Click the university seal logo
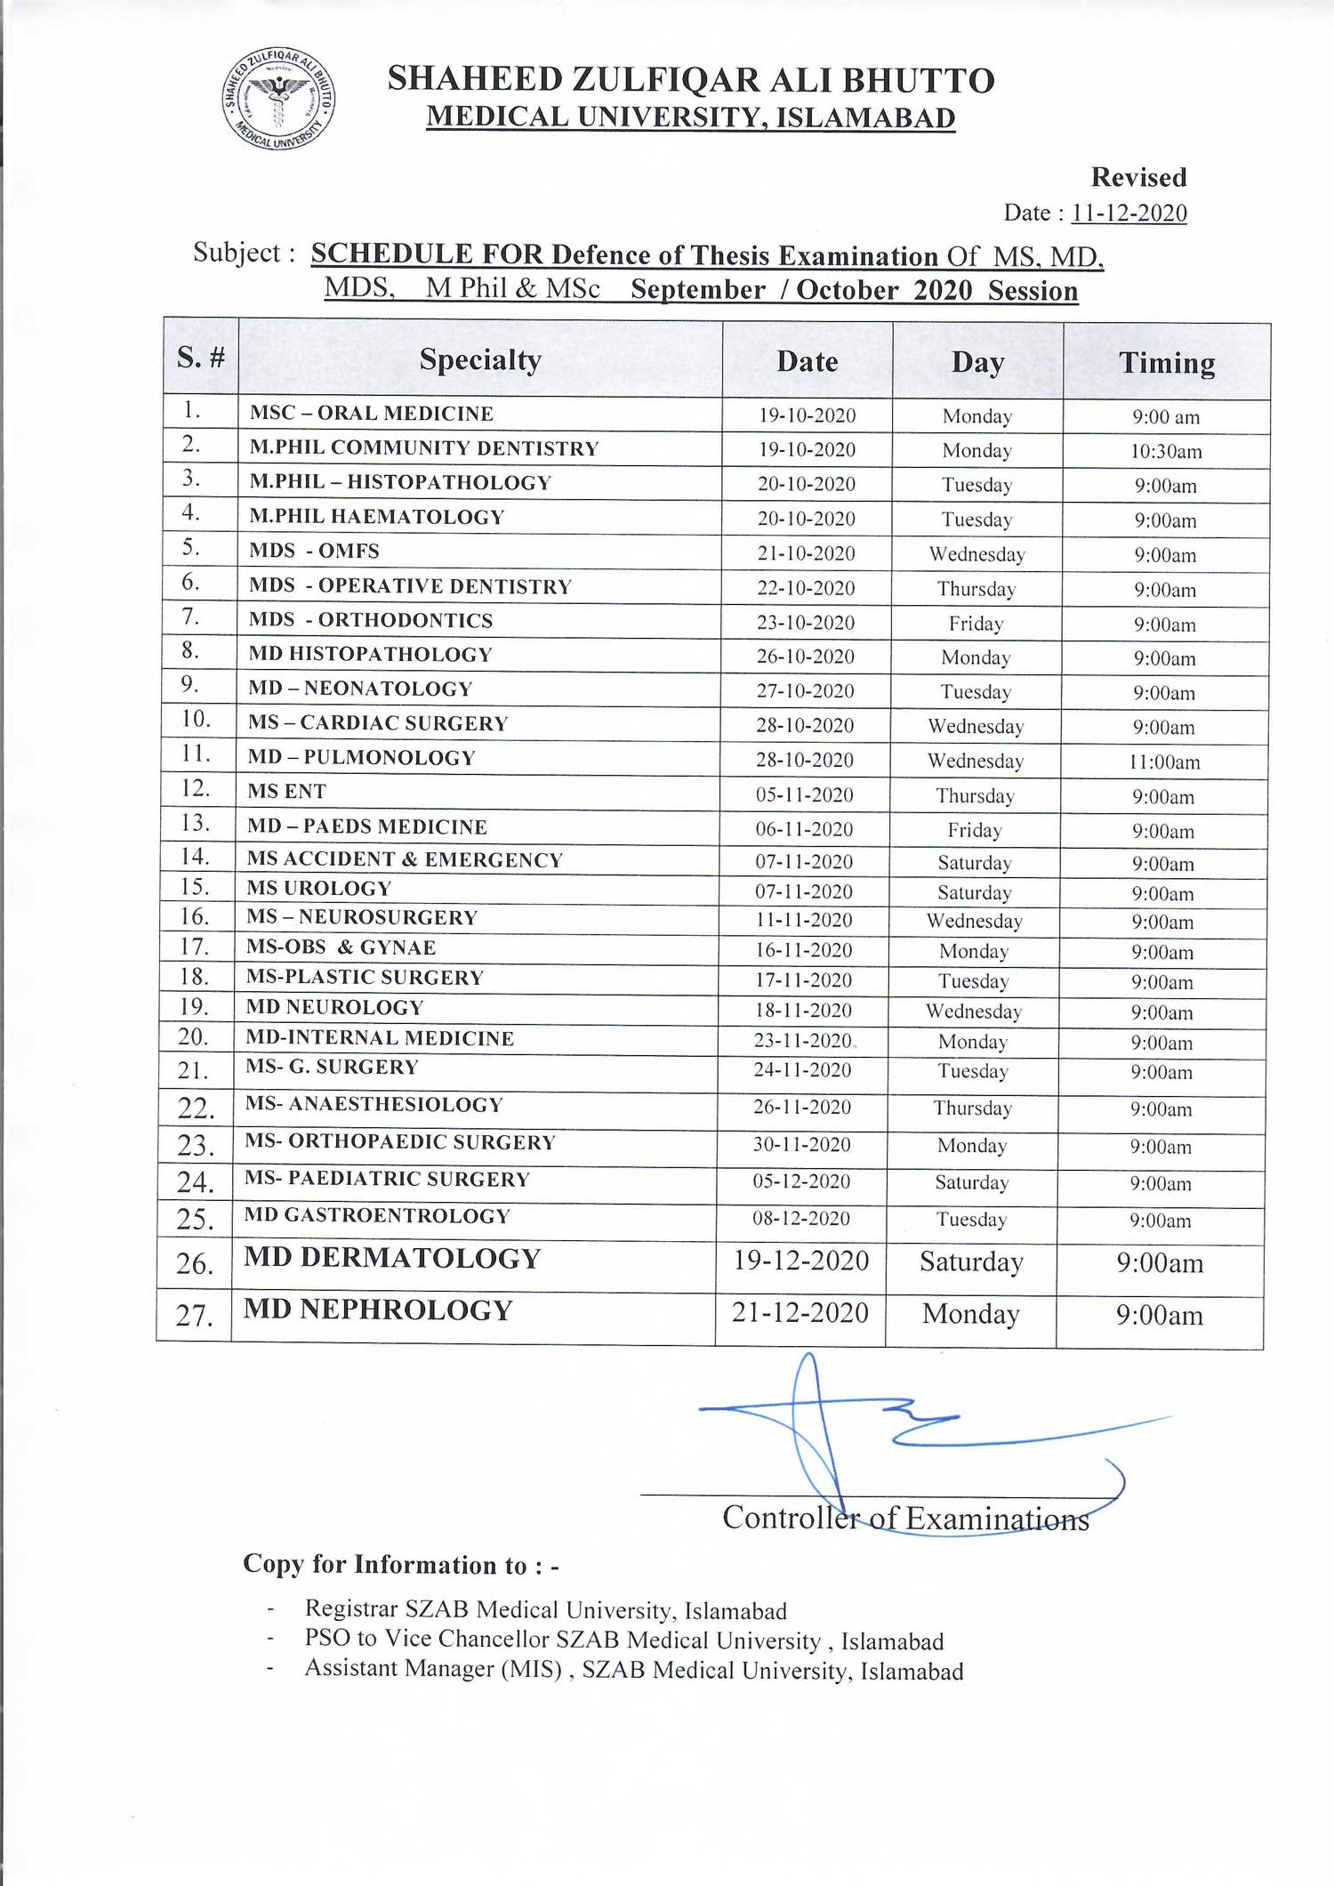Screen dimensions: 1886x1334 pos(278,98)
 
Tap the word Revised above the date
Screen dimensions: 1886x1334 pos(1138,177)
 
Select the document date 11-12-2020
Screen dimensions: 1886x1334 pos(1129,214)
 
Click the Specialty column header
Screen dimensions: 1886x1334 pos(480,359)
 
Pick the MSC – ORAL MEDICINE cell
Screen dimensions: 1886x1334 pos(372,414)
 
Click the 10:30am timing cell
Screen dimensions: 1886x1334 pos(1166,452)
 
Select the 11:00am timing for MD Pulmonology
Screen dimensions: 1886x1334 pos(1164,762)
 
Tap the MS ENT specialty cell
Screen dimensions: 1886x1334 pos(287,792)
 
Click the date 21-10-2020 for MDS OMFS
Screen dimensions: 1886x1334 pos(806,553)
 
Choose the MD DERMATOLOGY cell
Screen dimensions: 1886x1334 pos(392,1259)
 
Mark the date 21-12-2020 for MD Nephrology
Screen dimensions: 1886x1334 pos(800,1313)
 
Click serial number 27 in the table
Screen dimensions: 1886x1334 pos(194,1316)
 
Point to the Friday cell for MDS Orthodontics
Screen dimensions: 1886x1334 pos(976,624)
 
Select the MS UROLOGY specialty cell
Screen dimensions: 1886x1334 pos(319,889)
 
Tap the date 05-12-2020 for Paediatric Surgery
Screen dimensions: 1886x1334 pos(801,1182)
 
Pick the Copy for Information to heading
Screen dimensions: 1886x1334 pos(401,1565)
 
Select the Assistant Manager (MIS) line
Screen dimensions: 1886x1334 pos(633,1670)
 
